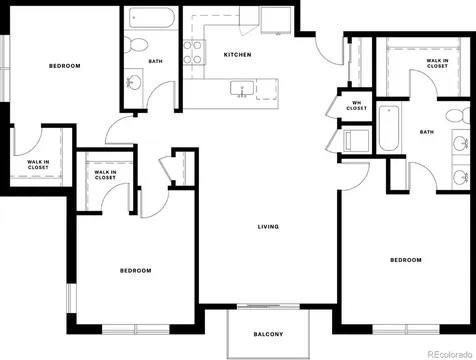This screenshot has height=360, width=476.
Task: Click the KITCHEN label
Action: point(237,55)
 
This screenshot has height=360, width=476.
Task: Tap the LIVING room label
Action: point(268,227)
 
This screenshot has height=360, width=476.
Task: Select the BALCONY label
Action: point(268,334)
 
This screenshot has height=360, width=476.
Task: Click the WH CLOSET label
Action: point(356,106)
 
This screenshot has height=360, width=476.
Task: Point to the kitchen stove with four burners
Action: point(194,52)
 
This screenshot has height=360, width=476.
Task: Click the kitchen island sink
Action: point(242,89)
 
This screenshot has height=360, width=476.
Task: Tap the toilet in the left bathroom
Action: point(136,45)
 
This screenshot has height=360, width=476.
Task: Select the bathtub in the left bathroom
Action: point(152,18)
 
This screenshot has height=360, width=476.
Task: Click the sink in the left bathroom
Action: point(134,80)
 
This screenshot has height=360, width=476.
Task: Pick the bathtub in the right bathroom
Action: point(389,128)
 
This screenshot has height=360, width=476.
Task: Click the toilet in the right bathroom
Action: point(458,116)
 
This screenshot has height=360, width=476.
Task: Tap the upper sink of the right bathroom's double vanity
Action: point(461,144)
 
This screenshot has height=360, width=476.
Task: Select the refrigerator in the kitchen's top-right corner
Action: point(276,20)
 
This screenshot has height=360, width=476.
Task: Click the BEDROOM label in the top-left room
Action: point(65,66)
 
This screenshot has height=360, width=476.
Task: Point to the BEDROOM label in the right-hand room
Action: point(406,260)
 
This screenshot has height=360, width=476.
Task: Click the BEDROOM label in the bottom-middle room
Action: point(135,271)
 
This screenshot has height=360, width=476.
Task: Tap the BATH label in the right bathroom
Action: point(427,132)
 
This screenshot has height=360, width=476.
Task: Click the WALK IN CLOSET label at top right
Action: point(437,63)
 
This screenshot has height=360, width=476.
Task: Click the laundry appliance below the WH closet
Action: point(356,140)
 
